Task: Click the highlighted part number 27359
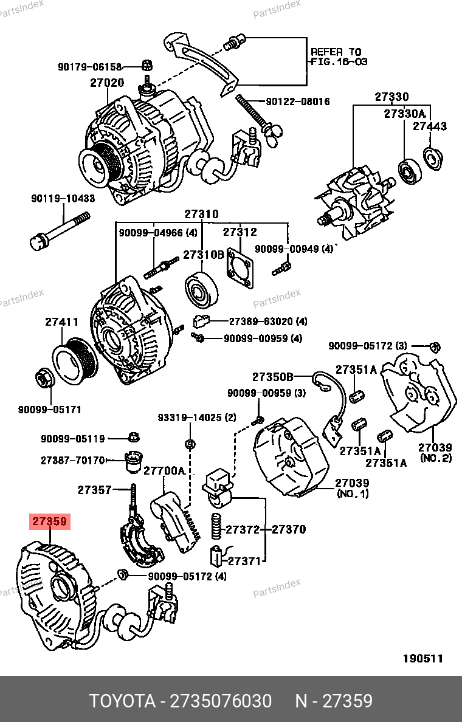point(50,521)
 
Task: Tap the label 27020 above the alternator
point(107,83)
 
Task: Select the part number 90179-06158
point(90,67)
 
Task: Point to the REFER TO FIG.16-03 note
point(339,57)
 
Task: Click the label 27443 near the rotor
point(430,126)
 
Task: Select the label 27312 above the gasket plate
point(240,232)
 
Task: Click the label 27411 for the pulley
point(61,322)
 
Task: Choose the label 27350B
point(273,376)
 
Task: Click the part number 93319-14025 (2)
point(196,418)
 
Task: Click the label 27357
point(94,489)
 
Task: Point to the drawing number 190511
point(422,658)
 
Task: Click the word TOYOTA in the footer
point(122,701)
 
